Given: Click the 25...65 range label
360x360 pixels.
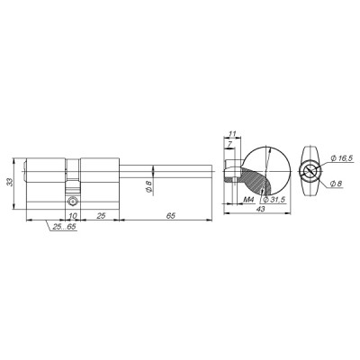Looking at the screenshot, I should pyautogui.click(x=64, y=229).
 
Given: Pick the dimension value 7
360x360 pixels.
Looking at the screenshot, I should pyautogui.click(x=230, y=143).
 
